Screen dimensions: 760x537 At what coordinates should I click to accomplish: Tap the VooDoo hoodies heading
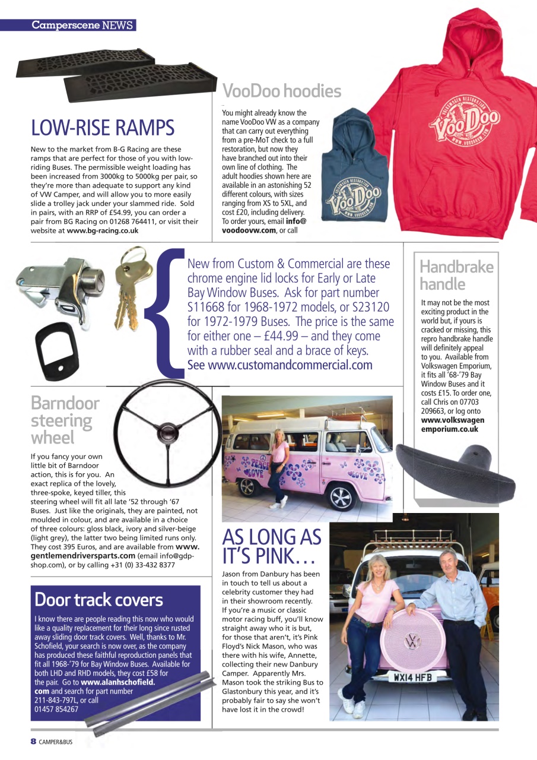pyautogui.click(x=281, y=91)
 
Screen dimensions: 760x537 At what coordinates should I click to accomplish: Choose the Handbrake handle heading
pyautogui.click(x=456, y=275)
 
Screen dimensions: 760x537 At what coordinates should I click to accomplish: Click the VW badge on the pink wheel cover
pyautogui.click(x=412, y=641)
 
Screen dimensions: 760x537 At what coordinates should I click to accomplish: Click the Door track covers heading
pyautogui.click(x=98, y=599)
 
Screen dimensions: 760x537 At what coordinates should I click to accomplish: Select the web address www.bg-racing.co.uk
pyautogui.click(x=103, y=230)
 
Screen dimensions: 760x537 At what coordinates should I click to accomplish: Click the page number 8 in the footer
pyautogui.click(x=34, y=742)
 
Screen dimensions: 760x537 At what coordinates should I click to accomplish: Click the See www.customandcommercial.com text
pyautogui.click(x=279, y=365)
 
